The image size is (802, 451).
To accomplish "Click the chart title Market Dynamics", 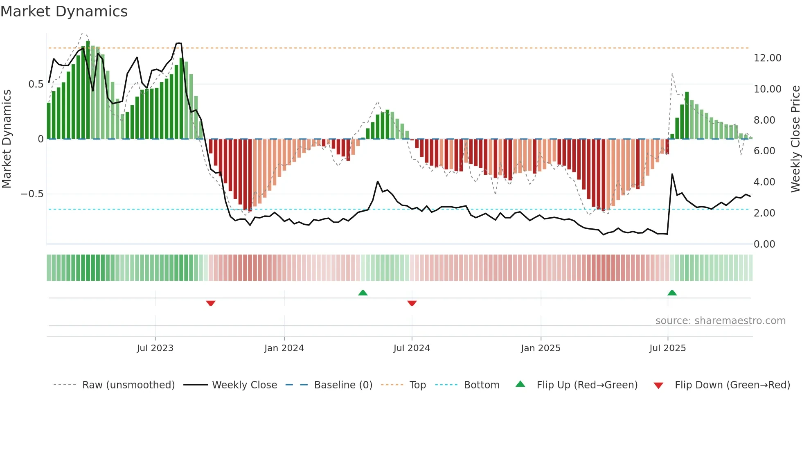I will click(64, 11).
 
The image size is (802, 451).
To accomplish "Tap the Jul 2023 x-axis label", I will click(155, 348).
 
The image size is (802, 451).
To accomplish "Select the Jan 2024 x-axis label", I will click(284, 348).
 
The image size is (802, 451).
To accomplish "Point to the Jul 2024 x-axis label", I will click(412, 348).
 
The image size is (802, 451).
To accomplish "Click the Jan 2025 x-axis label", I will click(541, 348).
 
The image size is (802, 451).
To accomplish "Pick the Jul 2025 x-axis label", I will click(667, 348).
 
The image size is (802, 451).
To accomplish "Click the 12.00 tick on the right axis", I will click(768, 58).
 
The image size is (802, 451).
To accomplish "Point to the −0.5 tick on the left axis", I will click(32, 194).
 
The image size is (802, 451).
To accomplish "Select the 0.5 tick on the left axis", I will click(36, 84).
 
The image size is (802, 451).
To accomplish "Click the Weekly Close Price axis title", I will click(795, 139).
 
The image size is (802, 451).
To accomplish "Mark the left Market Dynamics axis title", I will click(7, 139).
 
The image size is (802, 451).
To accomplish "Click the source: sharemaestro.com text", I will click(720, 321).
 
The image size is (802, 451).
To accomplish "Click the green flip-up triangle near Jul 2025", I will click(672, 293).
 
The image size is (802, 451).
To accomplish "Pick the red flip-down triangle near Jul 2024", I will click(412, 303).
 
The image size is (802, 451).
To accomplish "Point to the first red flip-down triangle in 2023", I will click(211, 303).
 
